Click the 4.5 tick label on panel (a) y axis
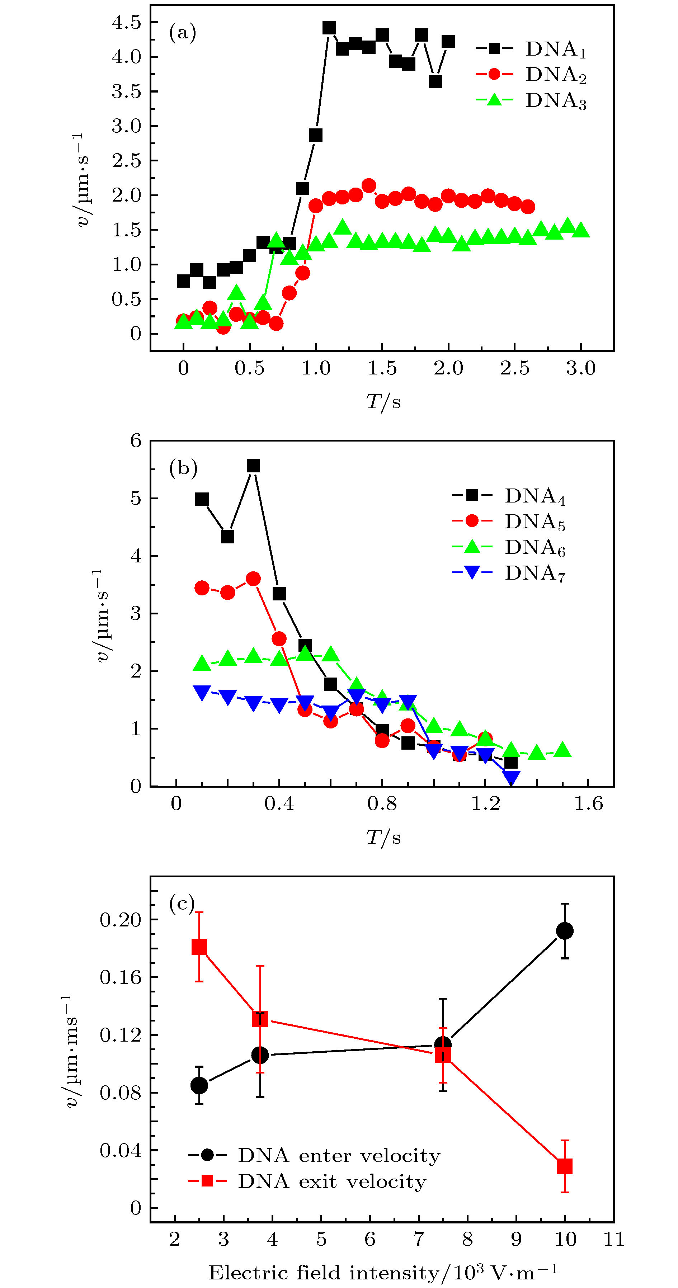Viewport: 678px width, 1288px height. (x=127, y=22)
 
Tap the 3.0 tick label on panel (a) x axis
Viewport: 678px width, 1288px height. (x=580, y=368)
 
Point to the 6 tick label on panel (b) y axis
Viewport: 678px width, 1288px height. (x=136, y=440)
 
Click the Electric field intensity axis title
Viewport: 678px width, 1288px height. (x=382, y=1273)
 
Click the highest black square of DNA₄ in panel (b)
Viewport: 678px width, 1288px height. (x=254, y=466)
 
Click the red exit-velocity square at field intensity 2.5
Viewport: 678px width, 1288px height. (x=199, y=947)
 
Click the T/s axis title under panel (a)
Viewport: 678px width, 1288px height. (x=383, y=401)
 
